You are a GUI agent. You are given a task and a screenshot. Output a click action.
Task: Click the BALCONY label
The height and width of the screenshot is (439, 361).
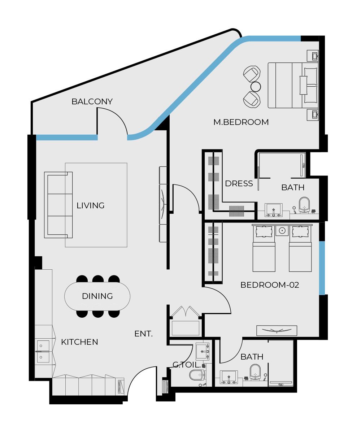[x=92, y=101]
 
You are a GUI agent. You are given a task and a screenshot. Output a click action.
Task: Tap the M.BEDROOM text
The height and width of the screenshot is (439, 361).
[x=241, y=122]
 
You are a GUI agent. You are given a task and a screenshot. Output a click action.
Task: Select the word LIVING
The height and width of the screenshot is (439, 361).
[x=90, y=205]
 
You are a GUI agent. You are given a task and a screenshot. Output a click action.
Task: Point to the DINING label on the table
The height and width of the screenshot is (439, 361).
[x=97, y=296]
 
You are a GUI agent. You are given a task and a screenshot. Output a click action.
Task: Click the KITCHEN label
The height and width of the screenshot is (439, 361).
[x=79, y=342]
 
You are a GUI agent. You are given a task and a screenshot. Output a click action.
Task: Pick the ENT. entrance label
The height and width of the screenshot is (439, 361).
[x=143, y=334]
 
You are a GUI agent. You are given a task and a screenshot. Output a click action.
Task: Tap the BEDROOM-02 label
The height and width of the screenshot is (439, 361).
[x=270, y=285]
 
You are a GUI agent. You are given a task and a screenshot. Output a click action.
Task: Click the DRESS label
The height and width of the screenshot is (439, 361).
[x=239, y=183]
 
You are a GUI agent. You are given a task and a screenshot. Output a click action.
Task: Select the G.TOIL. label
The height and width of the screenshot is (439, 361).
[x=186, y=365]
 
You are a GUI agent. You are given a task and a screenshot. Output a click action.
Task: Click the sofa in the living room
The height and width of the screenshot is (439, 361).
[x=58, y=205]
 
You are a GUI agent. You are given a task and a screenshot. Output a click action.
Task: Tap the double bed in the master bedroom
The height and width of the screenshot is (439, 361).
[x=292, y=85]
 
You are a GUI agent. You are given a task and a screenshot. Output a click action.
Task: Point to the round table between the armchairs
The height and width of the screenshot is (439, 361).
[x=256, y=87]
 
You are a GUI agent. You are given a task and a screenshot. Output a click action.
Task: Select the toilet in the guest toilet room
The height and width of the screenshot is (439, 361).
[x=197, y=375]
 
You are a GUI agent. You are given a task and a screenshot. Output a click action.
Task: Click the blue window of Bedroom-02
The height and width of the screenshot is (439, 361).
[x=322, y=268]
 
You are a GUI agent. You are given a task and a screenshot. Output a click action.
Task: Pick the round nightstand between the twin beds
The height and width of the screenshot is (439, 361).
[x=282, y=230]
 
